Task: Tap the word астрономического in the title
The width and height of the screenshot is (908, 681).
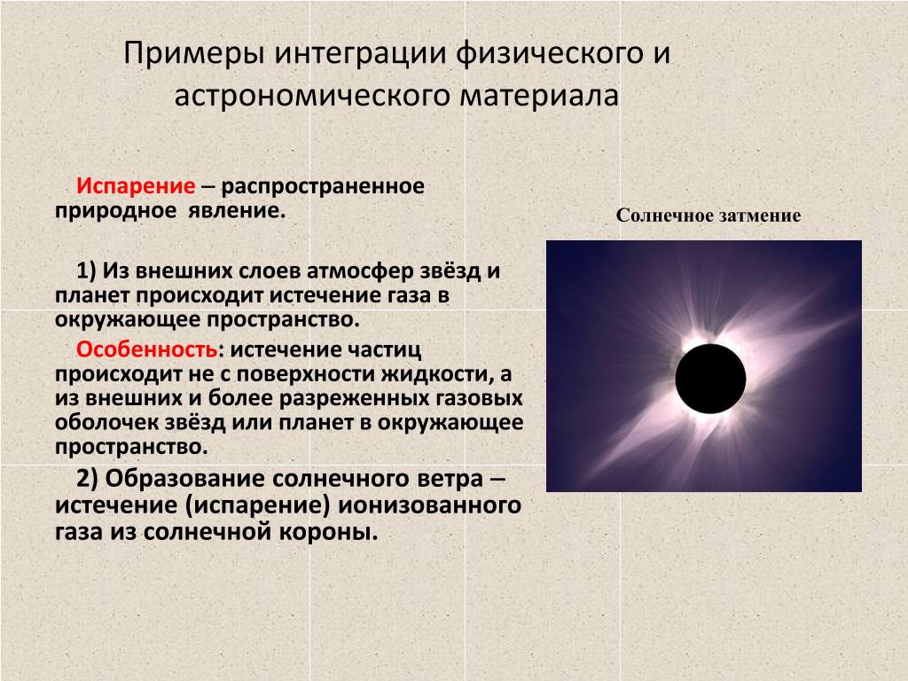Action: [x=312, y=96]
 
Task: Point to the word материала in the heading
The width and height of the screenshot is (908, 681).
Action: [x=539, y=96]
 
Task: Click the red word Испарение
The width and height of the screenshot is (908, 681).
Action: [x=136, y=186]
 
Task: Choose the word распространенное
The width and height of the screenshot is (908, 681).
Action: [x=323, y=187]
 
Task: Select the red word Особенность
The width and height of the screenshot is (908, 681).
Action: [x=147, y=349]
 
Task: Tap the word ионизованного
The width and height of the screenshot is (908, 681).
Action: [x=429, y=505]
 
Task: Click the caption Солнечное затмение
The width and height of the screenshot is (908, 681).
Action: [x=708, y=215]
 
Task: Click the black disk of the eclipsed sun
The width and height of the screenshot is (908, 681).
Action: [x=710, y=379]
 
